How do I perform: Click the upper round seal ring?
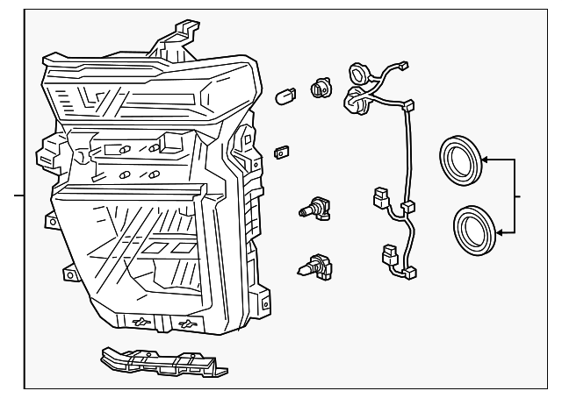pyautogui.click(x=460, y=160)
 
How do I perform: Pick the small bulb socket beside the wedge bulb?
pyautogui.click(x=320, y=87)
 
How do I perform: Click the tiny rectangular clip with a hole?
pyautogui.click(x=283, y=151)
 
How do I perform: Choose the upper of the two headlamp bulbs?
pyautogui.click(x=314, y=208)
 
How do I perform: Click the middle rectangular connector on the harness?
pyautogui.click(x=381, y=196)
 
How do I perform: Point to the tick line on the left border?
pyautogui.click(x=18, y=195)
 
